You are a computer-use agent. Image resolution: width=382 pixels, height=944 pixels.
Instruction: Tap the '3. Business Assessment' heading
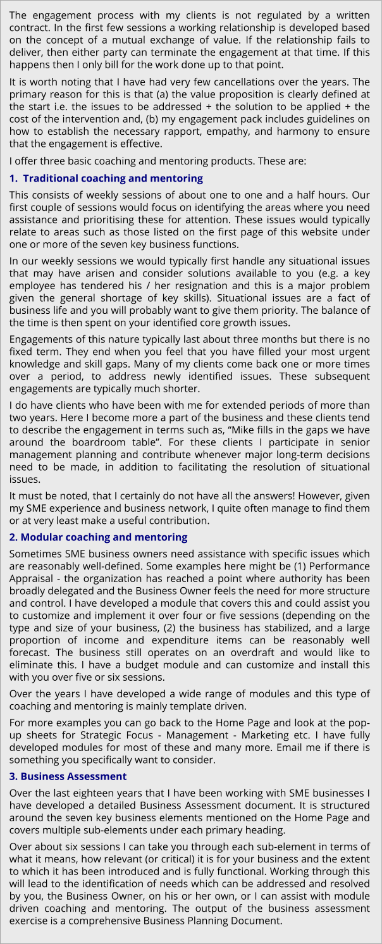point(68,776)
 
